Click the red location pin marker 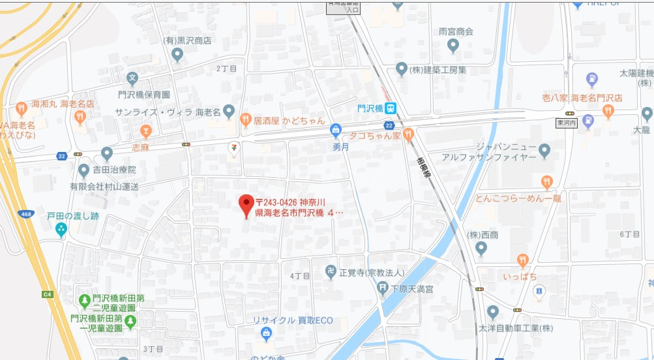point(246,204)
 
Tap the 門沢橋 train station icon point(390,108)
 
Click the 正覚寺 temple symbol point(331,271)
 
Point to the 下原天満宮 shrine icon point(382,288)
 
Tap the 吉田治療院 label point(114,170)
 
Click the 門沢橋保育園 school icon point(133,80)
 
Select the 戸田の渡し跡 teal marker point(61,229)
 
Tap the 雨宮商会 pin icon point(454,45)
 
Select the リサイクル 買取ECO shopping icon point(265,334)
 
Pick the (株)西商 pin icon point(481,248)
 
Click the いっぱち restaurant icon point(522,261)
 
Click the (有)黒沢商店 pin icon point(177,55)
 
